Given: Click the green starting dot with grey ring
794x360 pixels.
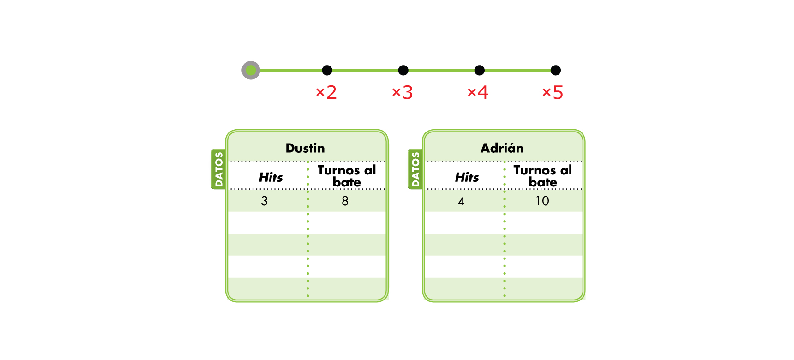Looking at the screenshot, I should pos(251,70).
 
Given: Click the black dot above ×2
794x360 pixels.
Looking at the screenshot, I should pos(327,70).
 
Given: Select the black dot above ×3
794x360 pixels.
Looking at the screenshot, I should pos(403,70).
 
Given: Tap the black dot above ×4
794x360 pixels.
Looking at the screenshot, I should pos(479,70).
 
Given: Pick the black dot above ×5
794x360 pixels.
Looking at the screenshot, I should pos(555,70).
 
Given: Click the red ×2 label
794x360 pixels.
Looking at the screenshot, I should pos(326,92).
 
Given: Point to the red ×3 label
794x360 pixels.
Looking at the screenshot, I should pos(403,92).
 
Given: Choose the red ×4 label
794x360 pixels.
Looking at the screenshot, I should pos(478,92).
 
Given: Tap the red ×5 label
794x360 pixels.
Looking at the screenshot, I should pos(553,92).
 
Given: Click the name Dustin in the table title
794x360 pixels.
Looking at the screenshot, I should pos(305,148).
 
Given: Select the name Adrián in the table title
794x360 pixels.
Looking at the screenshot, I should pos(502,148).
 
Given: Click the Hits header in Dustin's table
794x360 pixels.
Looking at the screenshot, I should pos(271,177).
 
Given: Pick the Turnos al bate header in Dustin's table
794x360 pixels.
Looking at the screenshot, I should pos(347,176).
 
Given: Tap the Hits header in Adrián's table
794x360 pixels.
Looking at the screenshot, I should pos(467,177).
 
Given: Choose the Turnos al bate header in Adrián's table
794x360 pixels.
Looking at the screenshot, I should pos(543,176).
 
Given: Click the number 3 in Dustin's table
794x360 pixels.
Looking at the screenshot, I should pos(264,201).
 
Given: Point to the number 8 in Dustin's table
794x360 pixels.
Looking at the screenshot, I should pos(345,201).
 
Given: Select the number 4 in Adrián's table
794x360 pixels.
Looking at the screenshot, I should pos(461,201).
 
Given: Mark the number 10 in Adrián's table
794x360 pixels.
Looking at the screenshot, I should pos(542,201).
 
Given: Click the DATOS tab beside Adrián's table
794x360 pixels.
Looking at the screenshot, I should pos(415,169).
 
